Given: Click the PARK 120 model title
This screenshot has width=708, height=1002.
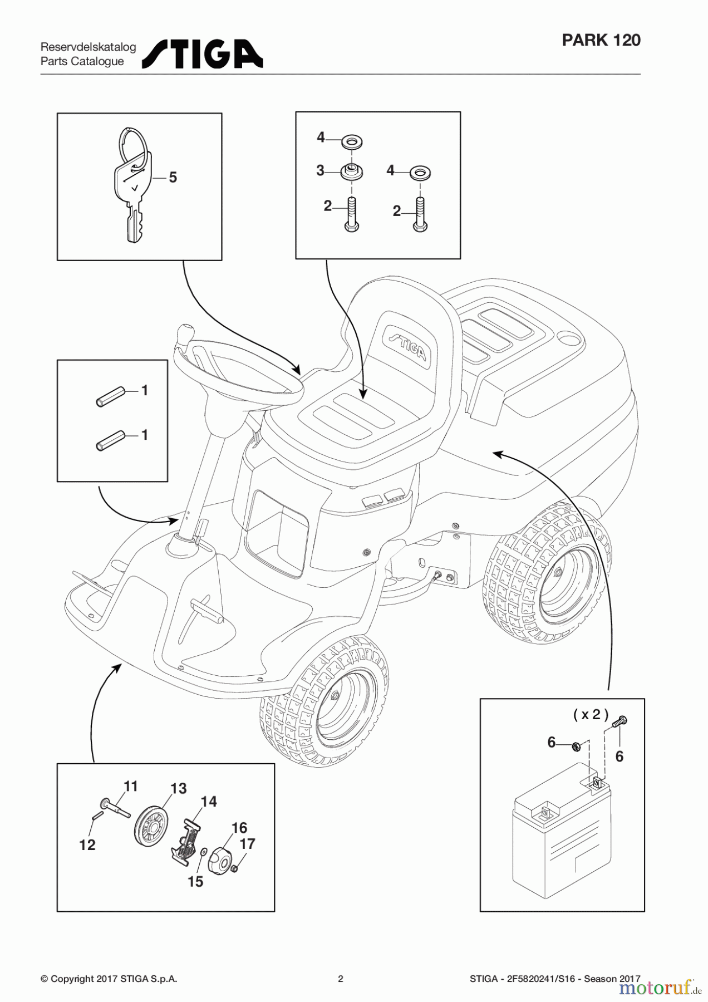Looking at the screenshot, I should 601,40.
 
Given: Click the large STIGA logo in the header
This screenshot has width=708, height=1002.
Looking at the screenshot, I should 203,54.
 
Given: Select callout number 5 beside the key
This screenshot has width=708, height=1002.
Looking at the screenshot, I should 173,178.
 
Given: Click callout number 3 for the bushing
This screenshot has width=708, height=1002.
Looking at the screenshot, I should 320,171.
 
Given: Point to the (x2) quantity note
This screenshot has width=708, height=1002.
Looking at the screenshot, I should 591,715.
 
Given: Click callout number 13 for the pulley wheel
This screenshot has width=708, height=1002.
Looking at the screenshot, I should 178,788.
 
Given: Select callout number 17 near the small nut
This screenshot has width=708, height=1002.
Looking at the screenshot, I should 247,844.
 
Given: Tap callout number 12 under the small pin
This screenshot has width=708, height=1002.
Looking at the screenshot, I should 87,845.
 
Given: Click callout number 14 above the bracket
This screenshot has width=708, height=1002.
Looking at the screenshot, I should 209,802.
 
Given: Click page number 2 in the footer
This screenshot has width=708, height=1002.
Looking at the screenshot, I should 341,979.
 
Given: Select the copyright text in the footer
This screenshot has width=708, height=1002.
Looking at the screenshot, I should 109,979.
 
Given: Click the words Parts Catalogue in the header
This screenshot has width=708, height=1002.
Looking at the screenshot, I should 82,62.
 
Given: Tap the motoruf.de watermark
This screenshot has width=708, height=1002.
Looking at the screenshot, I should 659,988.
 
